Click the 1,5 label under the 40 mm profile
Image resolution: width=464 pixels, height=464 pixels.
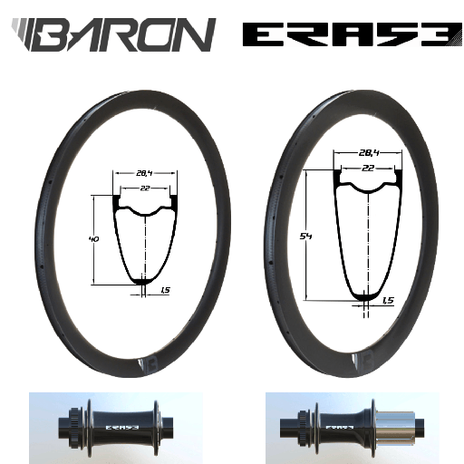(x=164, y=291)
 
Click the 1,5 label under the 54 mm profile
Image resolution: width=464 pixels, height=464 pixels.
(x=388, y=300)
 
